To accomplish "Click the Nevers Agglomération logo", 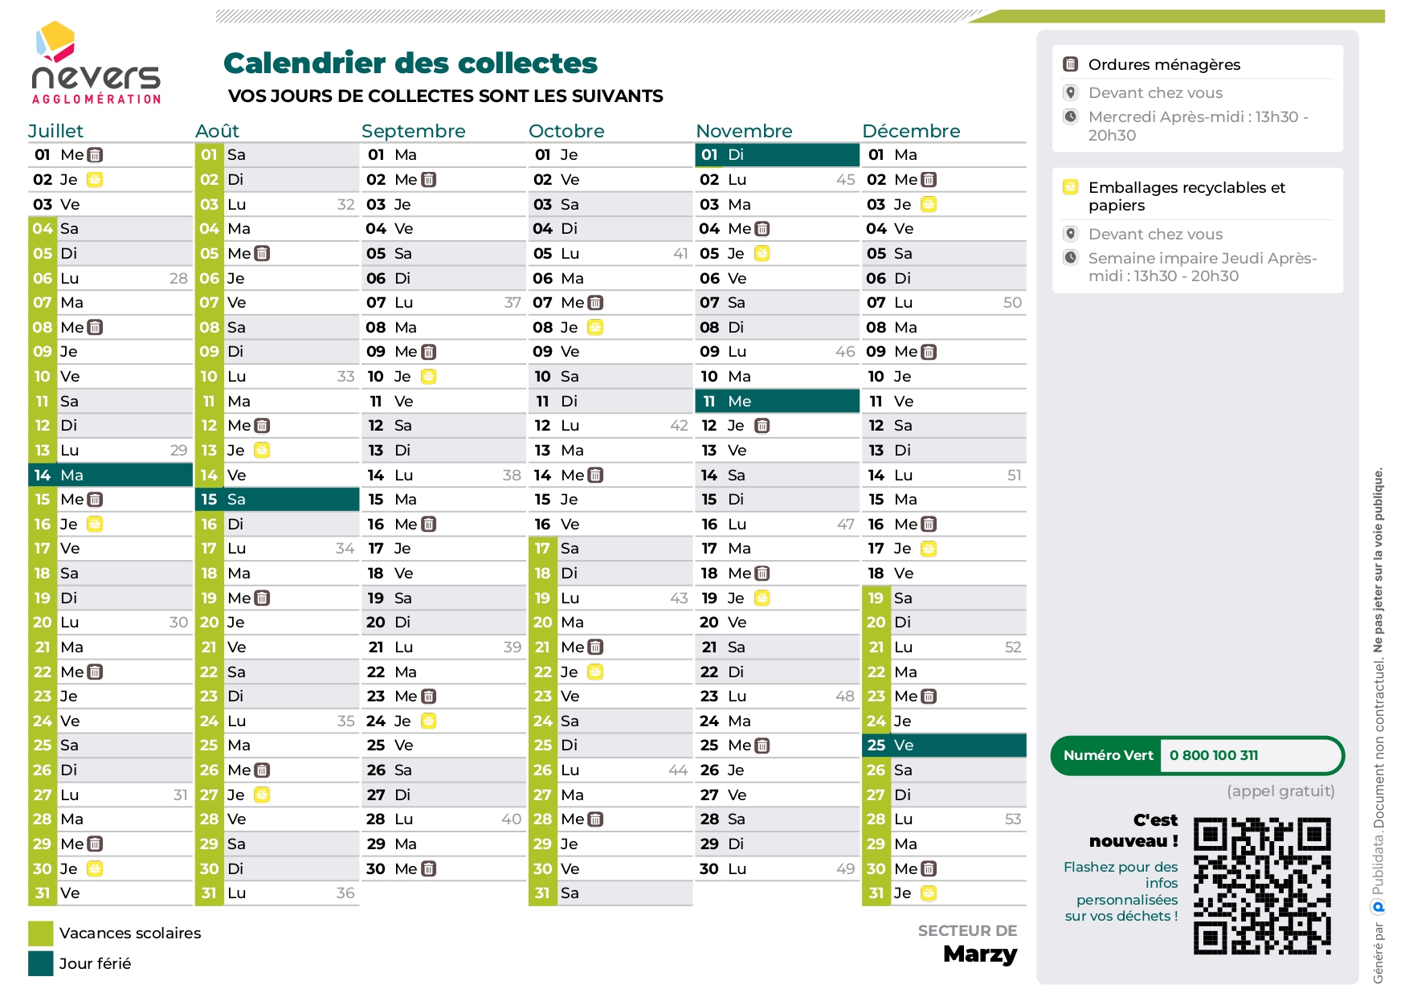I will click(96, 64).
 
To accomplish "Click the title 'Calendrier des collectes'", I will click(410, 63).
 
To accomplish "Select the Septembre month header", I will click(413, 131).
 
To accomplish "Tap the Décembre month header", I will click(910, 131).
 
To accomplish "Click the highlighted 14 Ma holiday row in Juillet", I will click(111, 475).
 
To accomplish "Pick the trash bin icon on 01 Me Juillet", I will click(95, 155).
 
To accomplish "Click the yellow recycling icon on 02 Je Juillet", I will click(95, 180).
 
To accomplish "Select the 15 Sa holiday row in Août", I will click(277, 500).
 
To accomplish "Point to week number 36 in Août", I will click(345, 893).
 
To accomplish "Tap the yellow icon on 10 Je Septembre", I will click(428, 377).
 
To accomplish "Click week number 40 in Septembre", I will click(512, 819).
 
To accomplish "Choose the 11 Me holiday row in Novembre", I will click(777, 401).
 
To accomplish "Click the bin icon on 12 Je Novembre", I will click(762, 426).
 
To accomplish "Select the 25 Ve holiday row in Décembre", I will click(944, 746).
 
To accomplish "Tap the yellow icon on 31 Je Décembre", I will click(929, 893).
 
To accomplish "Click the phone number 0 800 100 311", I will click(1214, 755).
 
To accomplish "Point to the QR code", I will click(1262, 885).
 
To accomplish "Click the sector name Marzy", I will click(980, 954).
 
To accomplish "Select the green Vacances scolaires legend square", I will click(41, 934).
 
